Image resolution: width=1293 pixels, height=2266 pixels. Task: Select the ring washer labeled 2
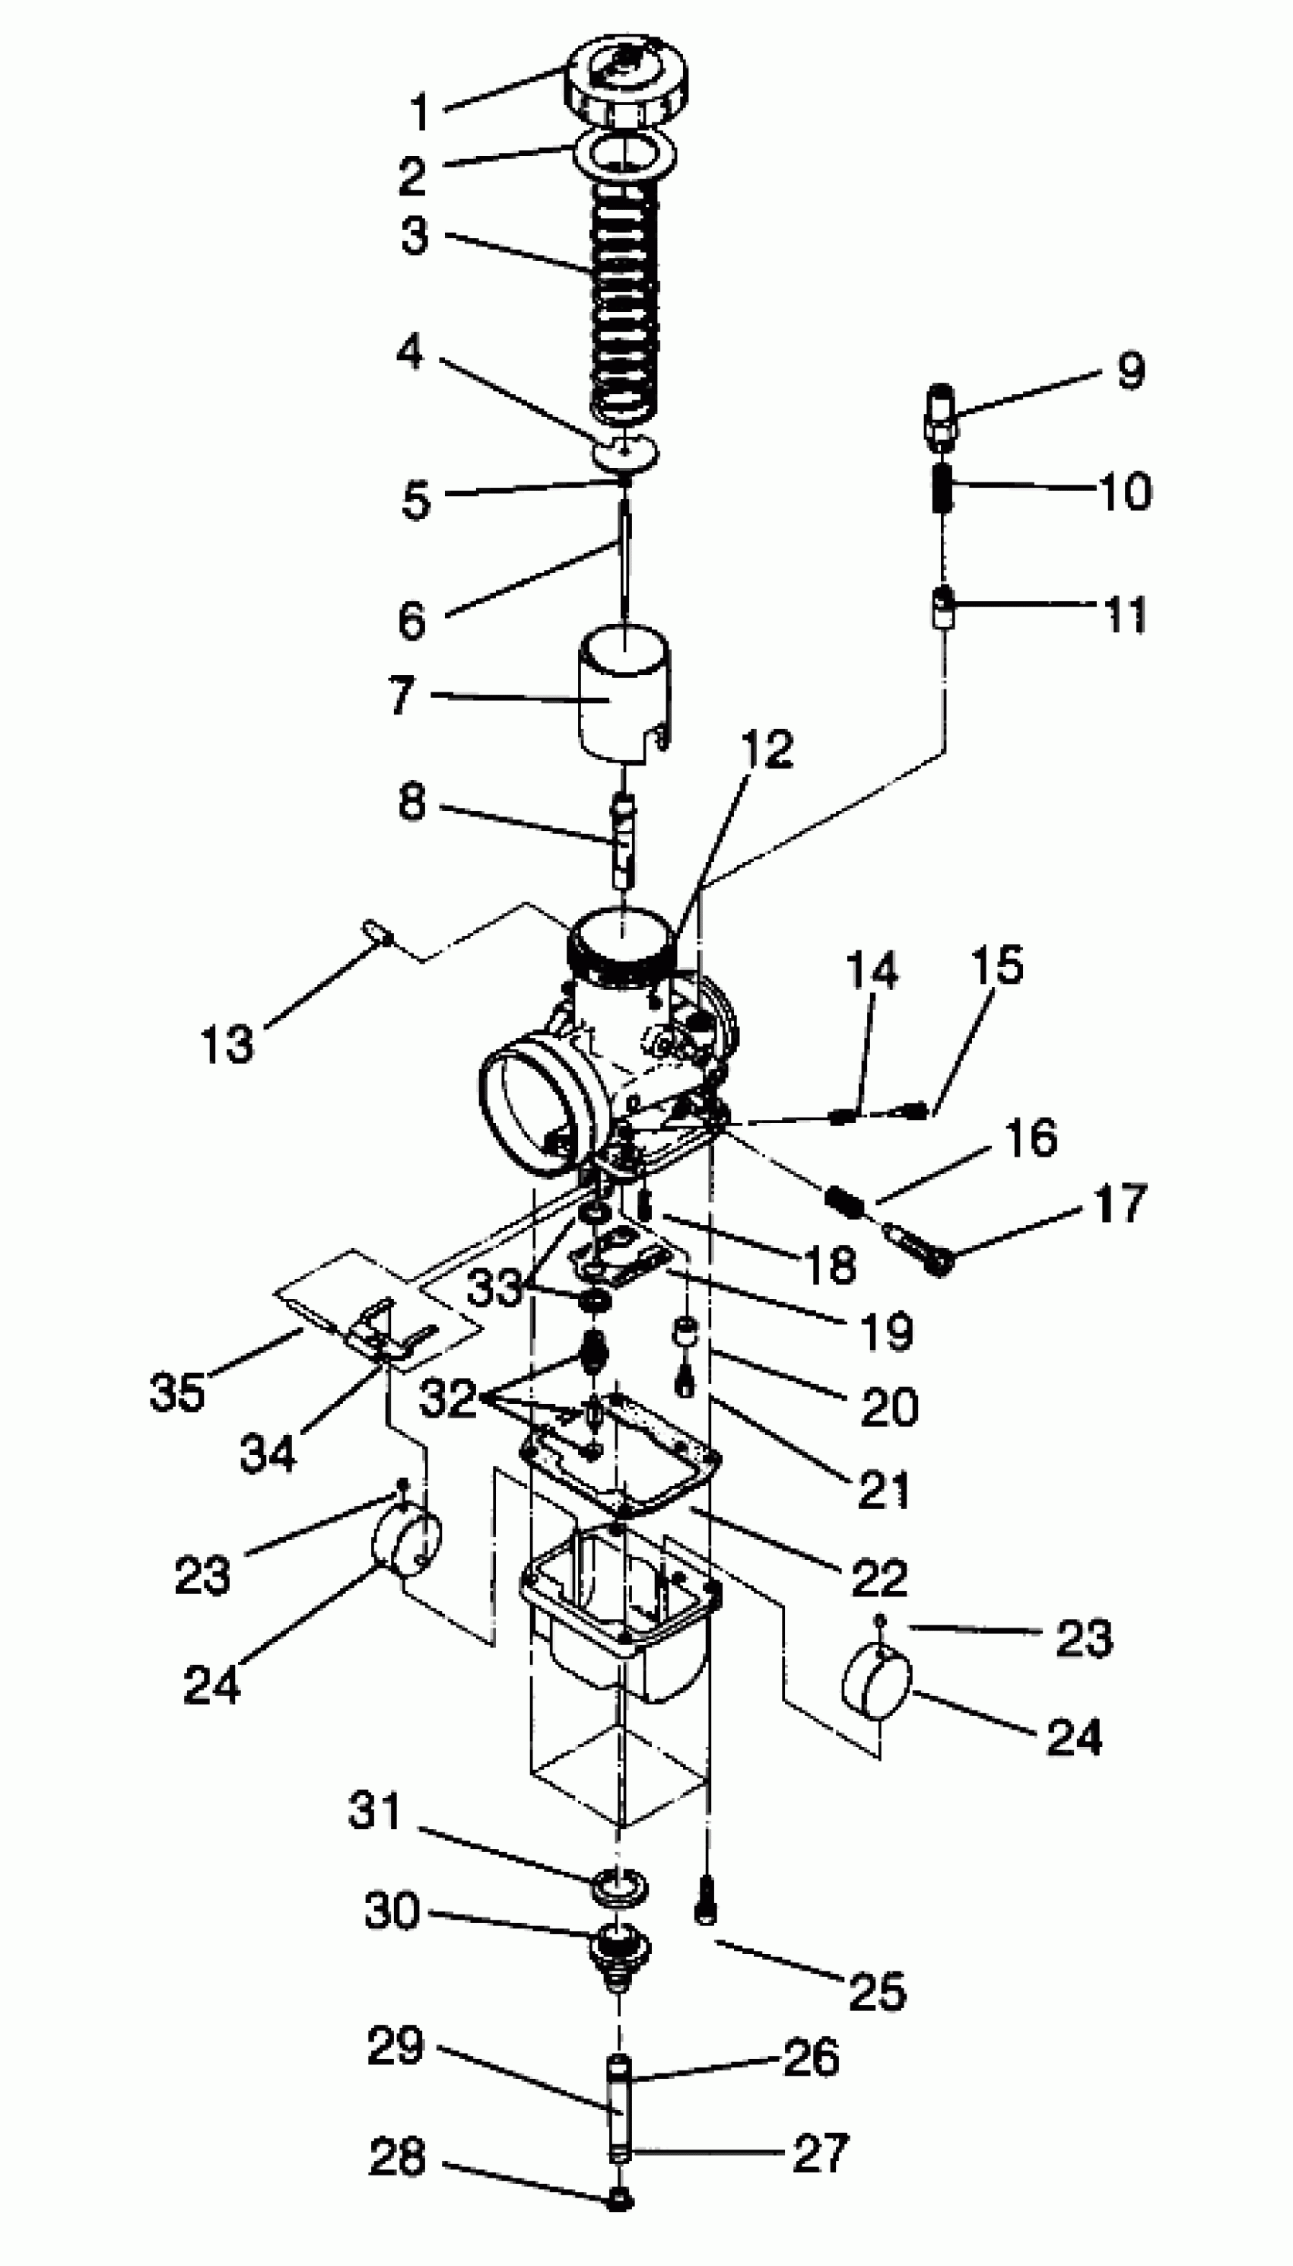[x=626, y=154]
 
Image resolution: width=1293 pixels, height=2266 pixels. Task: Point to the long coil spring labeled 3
[x=625, y=298]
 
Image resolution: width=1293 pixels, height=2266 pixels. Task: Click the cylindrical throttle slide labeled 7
[x=624, y=694]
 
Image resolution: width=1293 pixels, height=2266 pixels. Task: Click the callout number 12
[x=767, y=749]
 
